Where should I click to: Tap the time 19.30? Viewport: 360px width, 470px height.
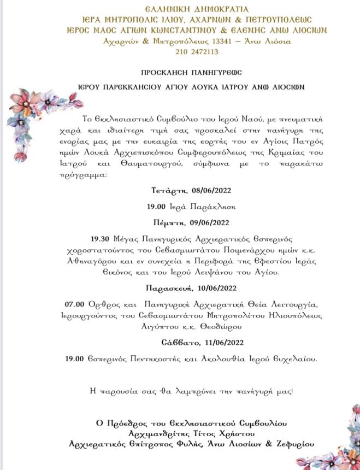(x=101, y=239)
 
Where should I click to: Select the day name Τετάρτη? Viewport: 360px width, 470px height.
(x=169, y=191)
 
